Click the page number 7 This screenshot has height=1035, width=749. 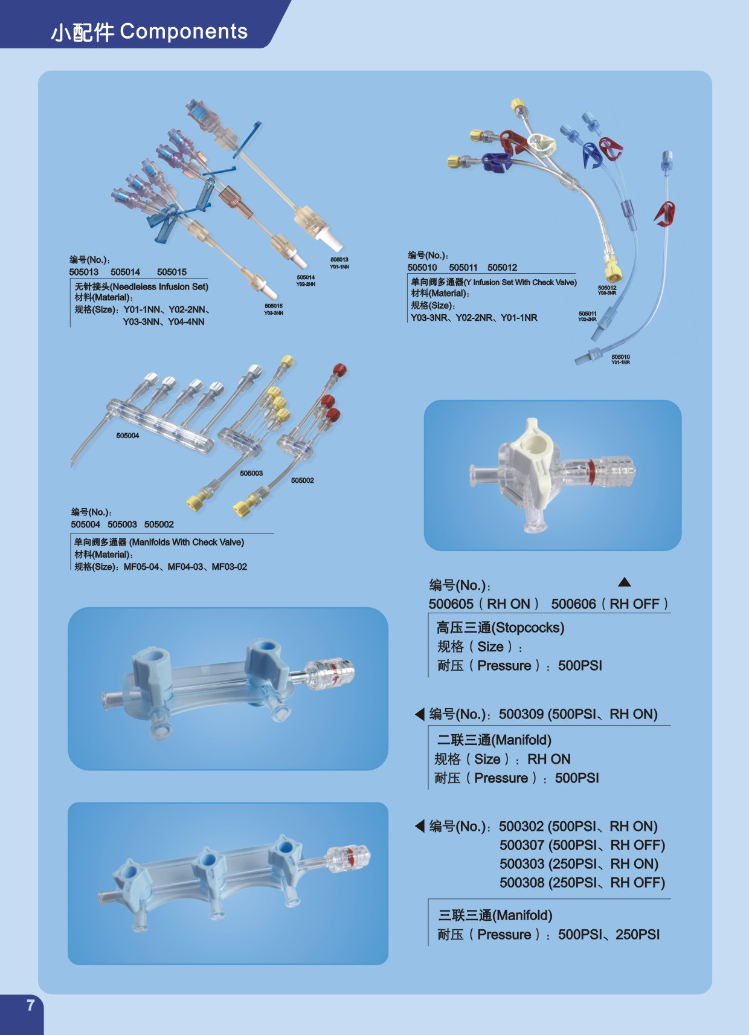[x=30, y=1005]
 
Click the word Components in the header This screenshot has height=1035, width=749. [x=184, y=31]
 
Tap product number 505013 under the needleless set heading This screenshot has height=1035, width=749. [x=83, y=272]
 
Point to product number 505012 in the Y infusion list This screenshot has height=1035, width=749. [x=502, y=268]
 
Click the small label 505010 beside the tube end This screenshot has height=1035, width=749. [x=620, y=357]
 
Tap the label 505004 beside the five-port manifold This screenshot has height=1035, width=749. [x=127, y=436]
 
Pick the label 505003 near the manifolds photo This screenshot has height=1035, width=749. [x=251, y=473]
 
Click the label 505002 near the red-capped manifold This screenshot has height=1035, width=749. [x=302, y=480]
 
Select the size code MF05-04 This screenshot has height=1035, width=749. [x=141, y=567]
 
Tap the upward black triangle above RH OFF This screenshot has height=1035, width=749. [x=625, y=582]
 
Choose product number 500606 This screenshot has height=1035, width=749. [x=573, y=604]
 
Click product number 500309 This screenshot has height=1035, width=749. [x=521, y=714]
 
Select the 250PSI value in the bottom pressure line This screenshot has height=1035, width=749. [x=637, y=935]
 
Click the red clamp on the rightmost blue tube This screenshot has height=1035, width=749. [x=665, y=213]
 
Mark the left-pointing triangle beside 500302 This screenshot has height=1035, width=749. [x=420, y=826]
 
